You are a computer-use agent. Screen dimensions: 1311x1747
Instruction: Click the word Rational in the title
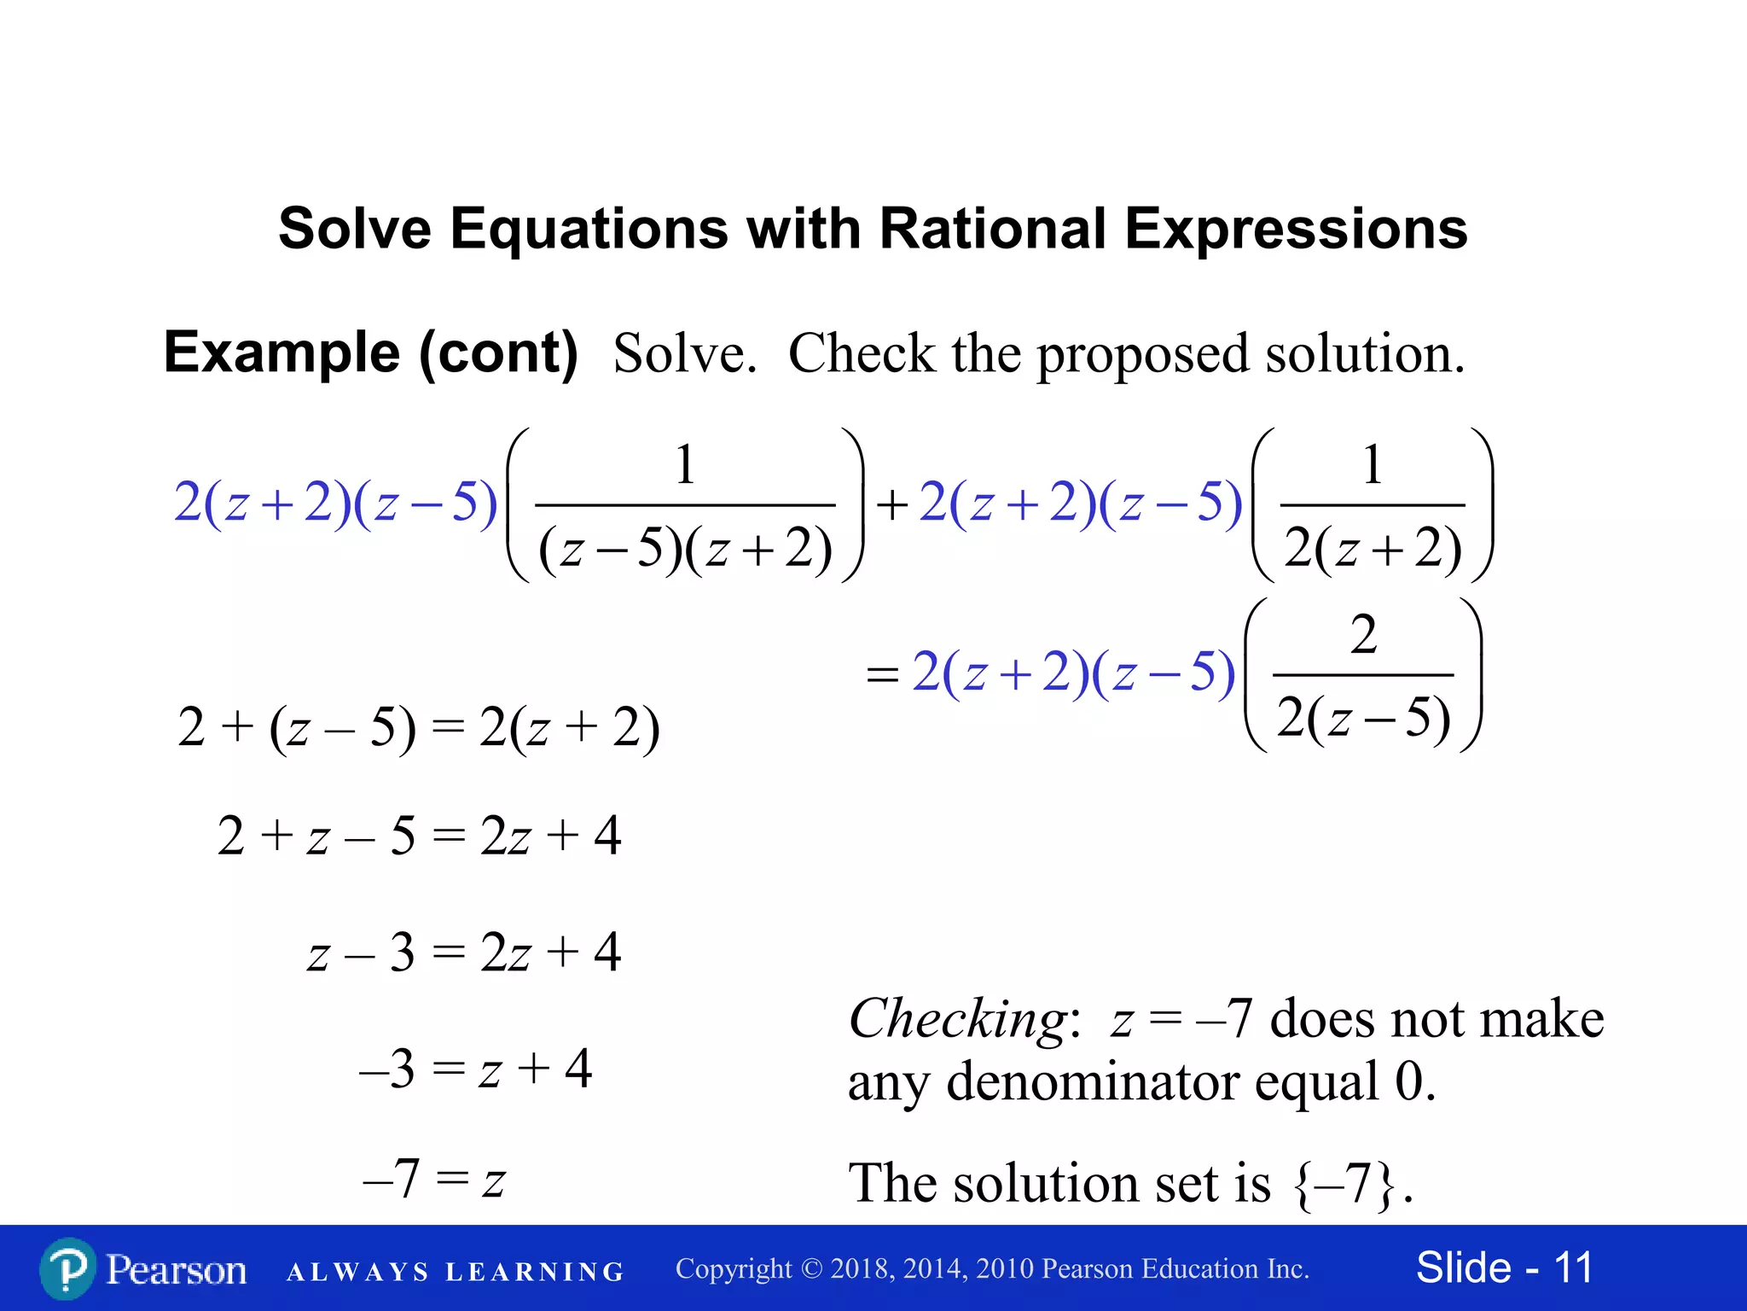tap(992, 229)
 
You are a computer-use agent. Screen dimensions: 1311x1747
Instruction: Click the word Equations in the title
tap(589, 229)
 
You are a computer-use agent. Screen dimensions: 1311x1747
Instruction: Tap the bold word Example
tap(281, 353)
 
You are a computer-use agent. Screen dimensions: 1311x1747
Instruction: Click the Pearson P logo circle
tap(67, 1268)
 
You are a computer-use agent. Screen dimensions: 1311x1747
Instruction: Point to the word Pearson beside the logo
tap(177, 1270)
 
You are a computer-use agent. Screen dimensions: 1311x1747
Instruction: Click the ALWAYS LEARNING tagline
tap(456, 1272)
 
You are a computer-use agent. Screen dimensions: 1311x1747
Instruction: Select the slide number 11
tap(1573, 1267)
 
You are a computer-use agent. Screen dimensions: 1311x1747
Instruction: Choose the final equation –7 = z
tap(434, 1180)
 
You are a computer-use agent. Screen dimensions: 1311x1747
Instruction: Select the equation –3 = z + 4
tap(475, 1069)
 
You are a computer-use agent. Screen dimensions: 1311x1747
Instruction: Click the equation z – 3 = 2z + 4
tap(464, 953)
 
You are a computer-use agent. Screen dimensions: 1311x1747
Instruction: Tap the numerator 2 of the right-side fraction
tap(1363, 634)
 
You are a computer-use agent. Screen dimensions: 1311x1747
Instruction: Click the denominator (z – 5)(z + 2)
tap(685, 548)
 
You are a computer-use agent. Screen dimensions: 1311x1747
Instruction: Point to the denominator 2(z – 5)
tap(1363, 717)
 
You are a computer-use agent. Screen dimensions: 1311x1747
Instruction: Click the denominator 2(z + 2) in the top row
tap(1373, 548)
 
